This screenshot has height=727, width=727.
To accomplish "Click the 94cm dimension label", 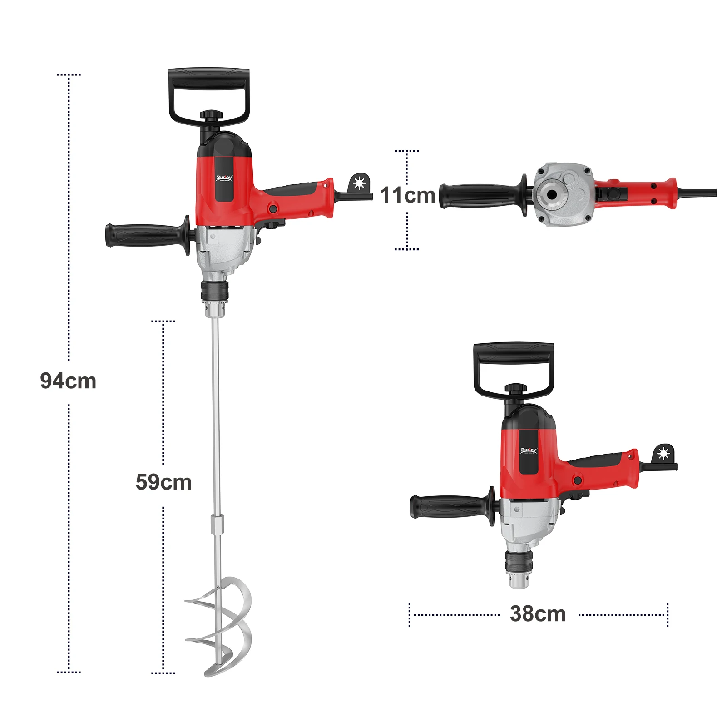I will click(68, 381).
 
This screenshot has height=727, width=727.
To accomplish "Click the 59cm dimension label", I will click(163, 482).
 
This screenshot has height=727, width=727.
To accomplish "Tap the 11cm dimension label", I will click(407, 195).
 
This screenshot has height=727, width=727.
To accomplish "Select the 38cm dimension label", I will click(538, 614).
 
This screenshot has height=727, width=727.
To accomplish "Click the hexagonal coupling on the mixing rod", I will click(217, 524).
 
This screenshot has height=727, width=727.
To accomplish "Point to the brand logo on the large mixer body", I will click(224, 178).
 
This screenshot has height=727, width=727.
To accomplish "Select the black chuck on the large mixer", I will click(214, 291).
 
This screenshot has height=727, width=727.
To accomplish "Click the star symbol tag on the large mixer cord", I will click(359, 183).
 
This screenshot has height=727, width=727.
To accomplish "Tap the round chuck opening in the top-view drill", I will click(552, 195).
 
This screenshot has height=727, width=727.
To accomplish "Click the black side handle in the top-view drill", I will click(479, 196).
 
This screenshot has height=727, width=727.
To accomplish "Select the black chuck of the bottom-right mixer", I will click(518, 561).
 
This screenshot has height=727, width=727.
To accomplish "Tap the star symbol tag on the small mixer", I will click(663, 454).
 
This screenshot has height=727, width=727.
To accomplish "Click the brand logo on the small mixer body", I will click(528, 450).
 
